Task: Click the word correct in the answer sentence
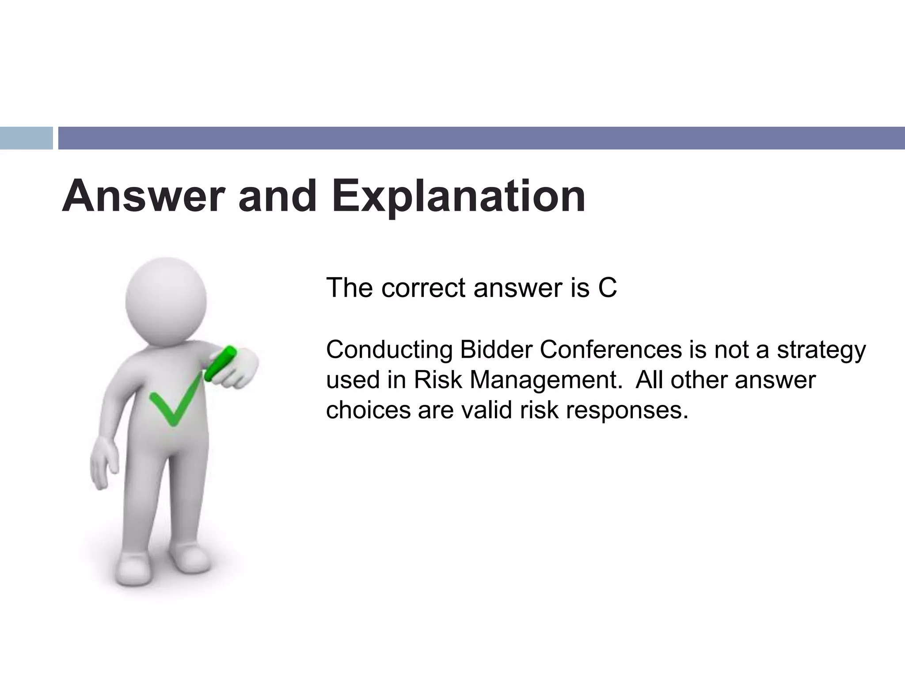424,288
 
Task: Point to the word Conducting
389,350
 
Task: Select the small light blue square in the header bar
26,138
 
